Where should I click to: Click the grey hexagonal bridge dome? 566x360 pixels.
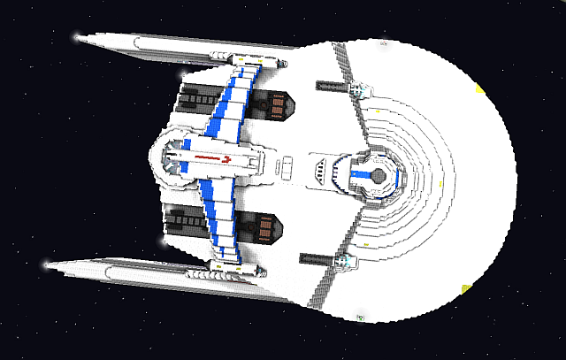(379, 175)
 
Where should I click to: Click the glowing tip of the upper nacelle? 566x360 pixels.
(79, 38)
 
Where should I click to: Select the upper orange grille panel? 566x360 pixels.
(277, 106)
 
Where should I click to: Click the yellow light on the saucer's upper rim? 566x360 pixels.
(478, 89)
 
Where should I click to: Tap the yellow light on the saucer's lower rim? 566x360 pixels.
(463, 287)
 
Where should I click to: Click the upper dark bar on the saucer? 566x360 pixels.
(335, 87)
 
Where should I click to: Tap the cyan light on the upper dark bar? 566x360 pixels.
(359, 89)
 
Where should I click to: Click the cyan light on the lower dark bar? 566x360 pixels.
(346, 262)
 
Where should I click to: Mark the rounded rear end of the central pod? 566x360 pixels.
(160, 162)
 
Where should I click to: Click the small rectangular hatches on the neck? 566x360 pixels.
(286, 165)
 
